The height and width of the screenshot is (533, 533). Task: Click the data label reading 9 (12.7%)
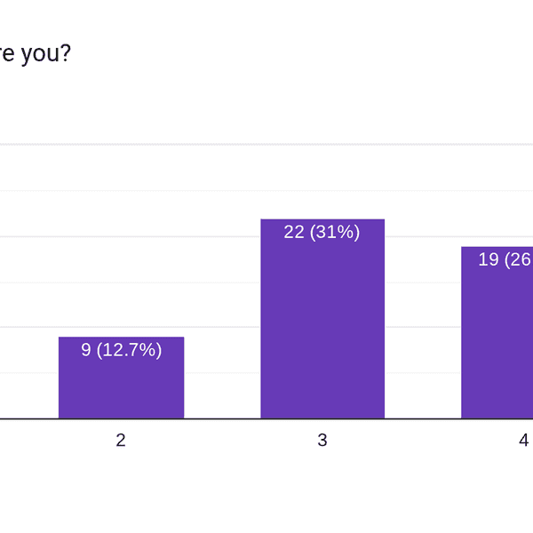click(x=121, y=350)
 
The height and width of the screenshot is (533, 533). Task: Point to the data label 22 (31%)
click(x=322, y=232)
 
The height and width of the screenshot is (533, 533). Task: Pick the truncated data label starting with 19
click(x=505, y=259)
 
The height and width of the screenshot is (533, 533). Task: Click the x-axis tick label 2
click(x=121, y=440)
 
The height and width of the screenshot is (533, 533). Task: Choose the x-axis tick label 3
click(x=322, y=440)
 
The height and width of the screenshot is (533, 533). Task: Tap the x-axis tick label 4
click(x=524, y=440)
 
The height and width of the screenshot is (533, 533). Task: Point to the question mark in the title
click(x=66, y=53)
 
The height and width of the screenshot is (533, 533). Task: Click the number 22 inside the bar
click(x=294, y=232)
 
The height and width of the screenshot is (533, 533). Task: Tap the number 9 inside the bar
click(x=86, y=350)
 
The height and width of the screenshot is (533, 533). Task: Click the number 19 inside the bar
click(x=489, y=259)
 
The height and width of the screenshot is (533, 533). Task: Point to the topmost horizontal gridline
click(x=266, y=144)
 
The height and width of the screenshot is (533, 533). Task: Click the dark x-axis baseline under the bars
click(x=266, y=418)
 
